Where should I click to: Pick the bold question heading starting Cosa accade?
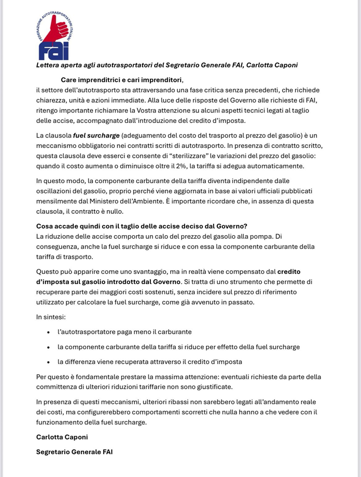tap(141, 226)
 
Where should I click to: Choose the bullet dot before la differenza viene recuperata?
tap(48, 362)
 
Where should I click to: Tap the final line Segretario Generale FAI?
tap(74, 452)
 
